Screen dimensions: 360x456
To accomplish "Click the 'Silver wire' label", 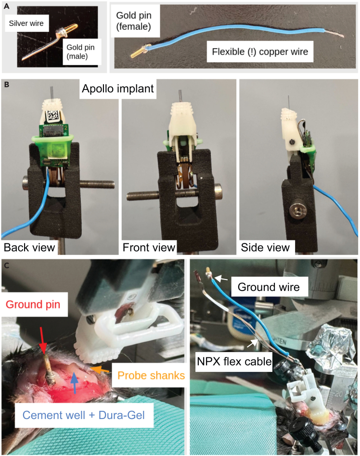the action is coord(26,23).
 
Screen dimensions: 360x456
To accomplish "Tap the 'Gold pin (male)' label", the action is coord(80,51).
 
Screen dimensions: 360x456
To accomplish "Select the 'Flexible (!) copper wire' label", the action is coord(260,52).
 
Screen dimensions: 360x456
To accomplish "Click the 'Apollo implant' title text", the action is coord(117,89).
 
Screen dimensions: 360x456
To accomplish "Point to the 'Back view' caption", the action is coord(29,247).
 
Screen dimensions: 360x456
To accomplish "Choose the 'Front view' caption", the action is coord(149,247).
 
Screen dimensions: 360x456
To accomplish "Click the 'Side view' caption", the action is coord(265,247).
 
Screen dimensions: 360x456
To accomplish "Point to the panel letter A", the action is coord(6,6).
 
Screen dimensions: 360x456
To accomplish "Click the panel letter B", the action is coord(6,85).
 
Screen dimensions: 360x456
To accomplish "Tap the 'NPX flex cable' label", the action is coord(234,362).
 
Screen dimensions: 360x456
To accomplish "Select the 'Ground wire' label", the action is coord(269,287).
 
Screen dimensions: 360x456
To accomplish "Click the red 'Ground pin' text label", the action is coord(33,304).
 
